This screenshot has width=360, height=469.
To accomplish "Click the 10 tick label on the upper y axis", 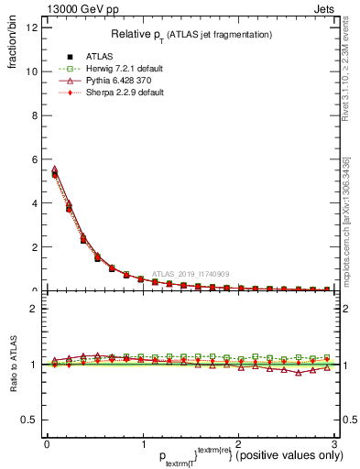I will click(x=32, y=71).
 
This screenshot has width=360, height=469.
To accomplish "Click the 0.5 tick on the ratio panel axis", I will click(x=30, y=420).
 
